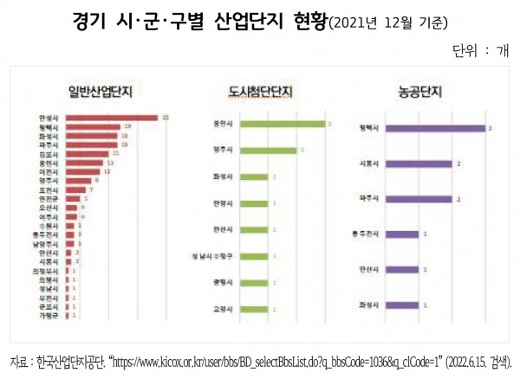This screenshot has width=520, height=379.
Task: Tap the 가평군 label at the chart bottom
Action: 48,316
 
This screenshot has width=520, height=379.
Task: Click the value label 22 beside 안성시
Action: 165,118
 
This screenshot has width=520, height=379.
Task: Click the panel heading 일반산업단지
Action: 107,89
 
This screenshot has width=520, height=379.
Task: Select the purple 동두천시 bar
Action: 401,234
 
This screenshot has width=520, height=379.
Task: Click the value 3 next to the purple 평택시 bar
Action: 491,129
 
